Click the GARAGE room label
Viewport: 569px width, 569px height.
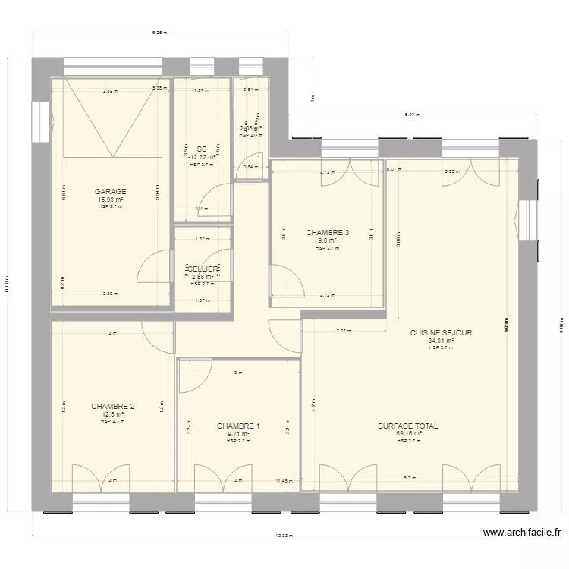coord(111,192)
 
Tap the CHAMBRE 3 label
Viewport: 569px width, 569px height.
coord(328,233)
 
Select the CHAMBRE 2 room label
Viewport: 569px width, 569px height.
coord(112,407)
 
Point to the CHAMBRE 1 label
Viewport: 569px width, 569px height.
coord(238,426)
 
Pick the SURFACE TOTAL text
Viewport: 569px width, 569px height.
coord(408,426)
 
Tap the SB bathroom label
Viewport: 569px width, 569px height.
coord(201,149)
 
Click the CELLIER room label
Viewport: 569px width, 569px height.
coord(203,269)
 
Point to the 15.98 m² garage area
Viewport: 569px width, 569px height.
coord(111,200)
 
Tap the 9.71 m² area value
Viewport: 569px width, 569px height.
coord(238,434)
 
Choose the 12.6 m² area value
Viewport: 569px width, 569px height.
coord(112,414)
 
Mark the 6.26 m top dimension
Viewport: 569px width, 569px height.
coord(159,33)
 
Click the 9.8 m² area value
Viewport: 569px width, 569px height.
coord(328,240)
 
